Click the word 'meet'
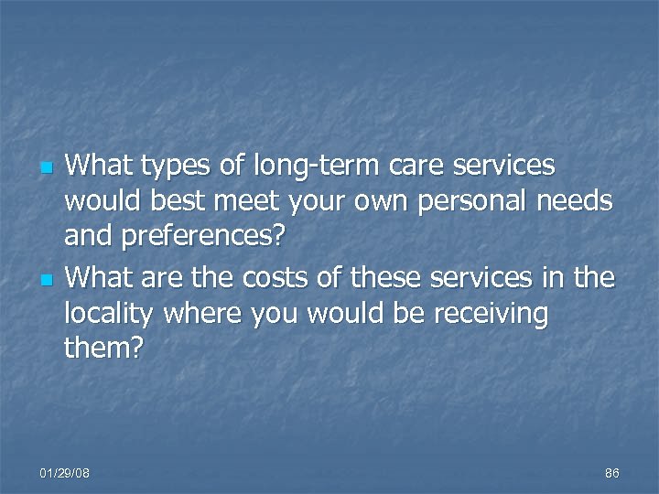coord(257,201)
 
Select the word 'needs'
coord(568,201)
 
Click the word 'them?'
coord(103,348)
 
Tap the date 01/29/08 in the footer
coord(65,473)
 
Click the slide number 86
coord(611,473)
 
